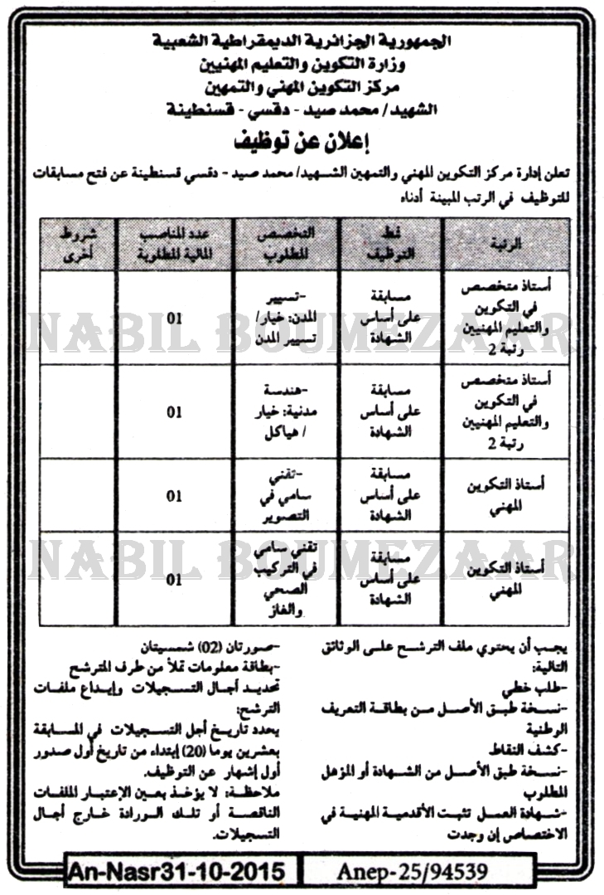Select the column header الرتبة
point(510,243)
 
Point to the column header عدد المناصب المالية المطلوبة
point(174,242)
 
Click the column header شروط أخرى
point(76,242)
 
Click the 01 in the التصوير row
point(174,496)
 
